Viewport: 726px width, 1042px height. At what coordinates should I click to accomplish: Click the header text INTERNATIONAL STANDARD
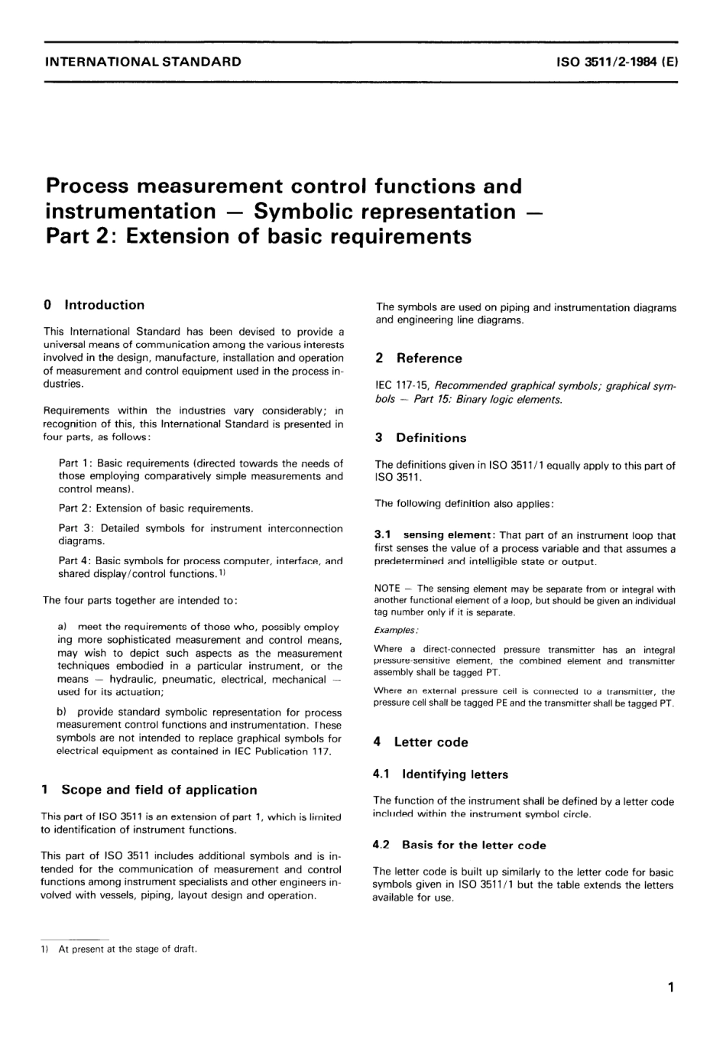click(144, 62)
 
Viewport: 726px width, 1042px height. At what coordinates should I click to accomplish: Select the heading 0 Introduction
click(95, 305)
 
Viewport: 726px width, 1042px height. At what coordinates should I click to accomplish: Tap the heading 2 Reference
click(419, 359)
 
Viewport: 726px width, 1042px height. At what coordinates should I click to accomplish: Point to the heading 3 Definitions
click(420, 438)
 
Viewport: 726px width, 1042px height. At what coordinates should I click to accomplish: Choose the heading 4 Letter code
click(420, 742)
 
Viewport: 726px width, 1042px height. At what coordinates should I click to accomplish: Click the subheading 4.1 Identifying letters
click(440, 774)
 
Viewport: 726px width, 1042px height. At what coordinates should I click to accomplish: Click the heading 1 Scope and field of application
click(149, 790)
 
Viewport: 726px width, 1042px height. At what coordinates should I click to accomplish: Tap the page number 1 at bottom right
click(670, 987)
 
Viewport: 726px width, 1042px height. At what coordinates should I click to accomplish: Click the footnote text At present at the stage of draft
click(128, 949)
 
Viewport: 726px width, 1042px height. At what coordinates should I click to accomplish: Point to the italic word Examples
click(395, 630)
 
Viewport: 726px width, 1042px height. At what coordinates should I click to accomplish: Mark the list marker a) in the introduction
click(62, 627)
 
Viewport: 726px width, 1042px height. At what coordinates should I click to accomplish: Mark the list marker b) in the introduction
click(62, 712)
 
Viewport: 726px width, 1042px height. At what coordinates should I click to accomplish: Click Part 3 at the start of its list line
click(73, 528)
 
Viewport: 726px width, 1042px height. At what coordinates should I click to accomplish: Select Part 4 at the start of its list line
click(73, 560)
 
